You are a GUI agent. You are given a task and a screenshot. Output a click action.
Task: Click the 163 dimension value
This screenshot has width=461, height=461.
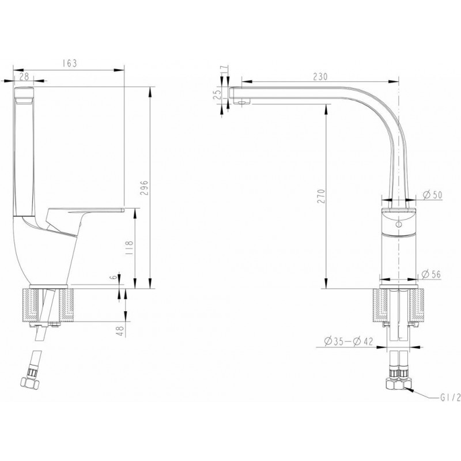click(69, 63)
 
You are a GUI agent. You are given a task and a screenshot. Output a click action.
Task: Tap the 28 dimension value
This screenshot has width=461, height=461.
click(24, 77)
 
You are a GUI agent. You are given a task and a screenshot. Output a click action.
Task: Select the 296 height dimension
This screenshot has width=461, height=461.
click(145, 188)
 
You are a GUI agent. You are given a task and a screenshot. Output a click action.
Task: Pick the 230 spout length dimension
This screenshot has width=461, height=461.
click(320, 77)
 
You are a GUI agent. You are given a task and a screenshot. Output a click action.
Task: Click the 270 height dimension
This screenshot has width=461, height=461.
click(322, 196)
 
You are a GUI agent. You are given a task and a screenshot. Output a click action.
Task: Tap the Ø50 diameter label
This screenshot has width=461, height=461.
click(432, 195)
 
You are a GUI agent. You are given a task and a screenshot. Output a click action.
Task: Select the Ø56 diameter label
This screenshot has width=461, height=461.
click(431, 274)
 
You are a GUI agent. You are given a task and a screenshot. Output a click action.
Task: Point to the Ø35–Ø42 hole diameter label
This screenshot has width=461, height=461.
click(349, 341)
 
